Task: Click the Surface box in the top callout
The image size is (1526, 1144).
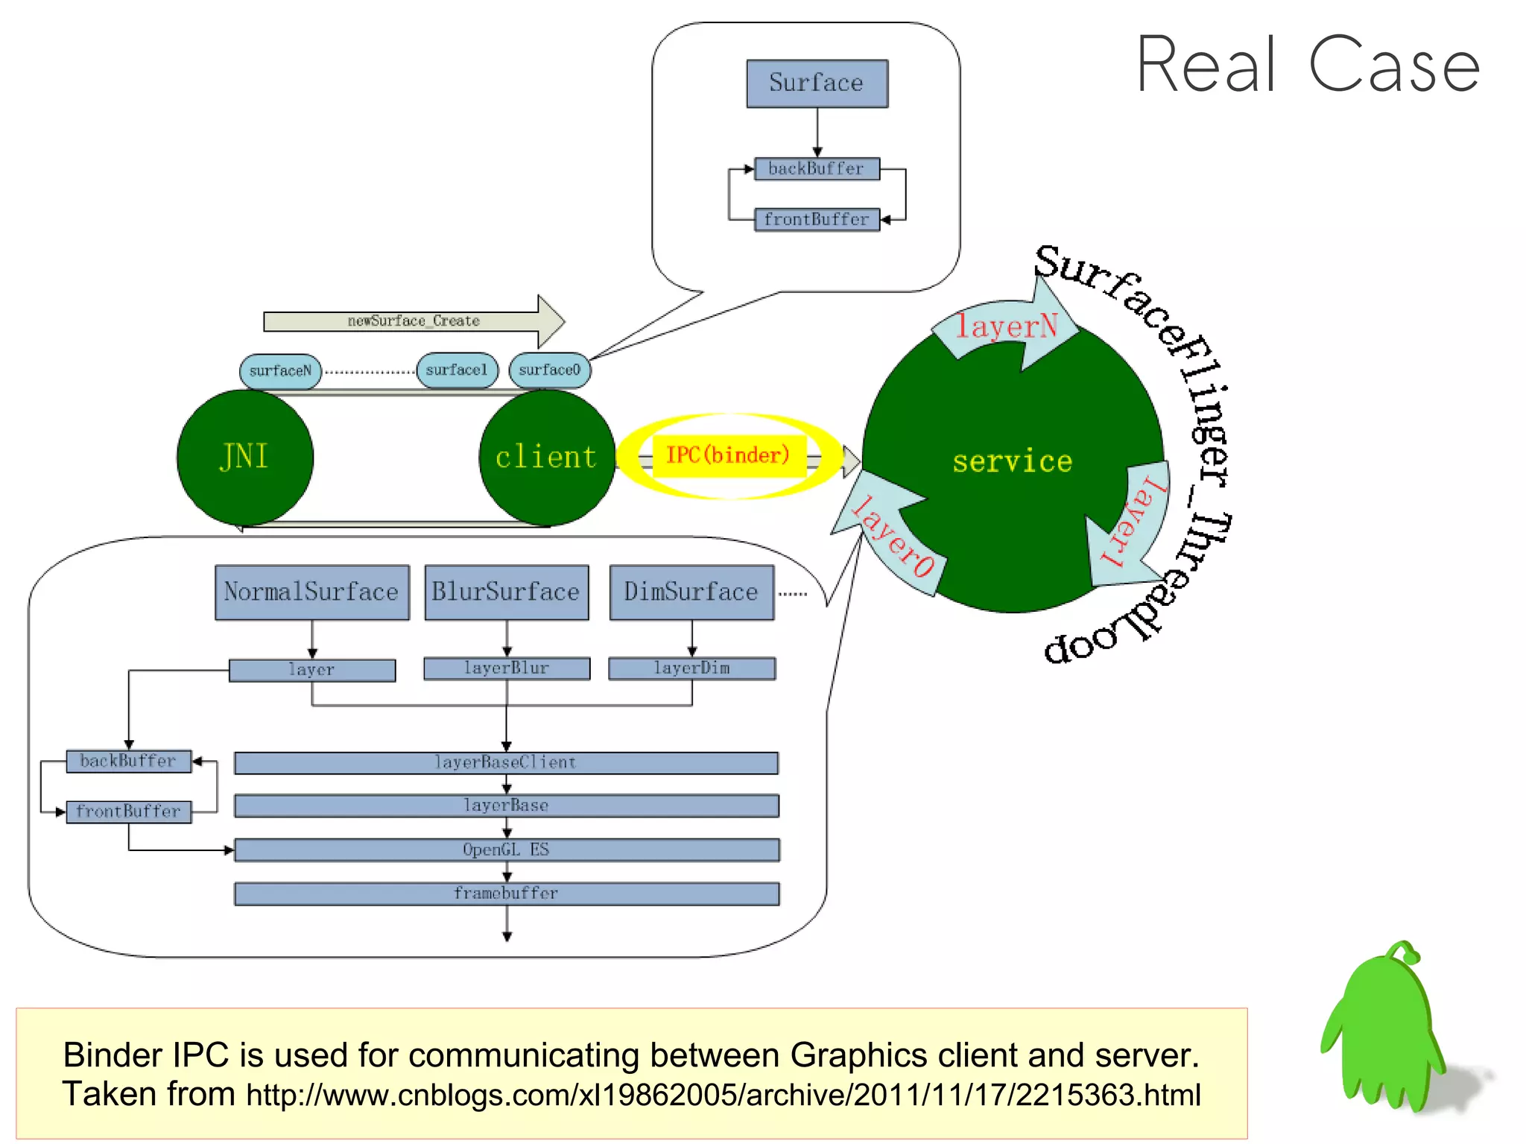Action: [817, 83]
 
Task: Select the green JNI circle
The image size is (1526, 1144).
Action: [244, 457]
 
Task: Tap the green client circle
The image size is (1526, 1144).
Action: [546, 457]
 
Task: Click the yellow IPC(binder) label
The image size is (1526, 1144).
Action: [728, 455]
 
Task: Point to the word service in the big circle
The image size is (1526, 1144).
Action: [1012, 461]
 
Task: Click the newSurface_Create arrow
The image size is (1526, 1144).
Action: [414, 321]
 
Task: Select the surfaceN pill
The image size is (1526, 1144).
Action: [280, 370]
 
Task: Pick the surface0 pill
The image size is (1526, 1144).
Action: [549, 370]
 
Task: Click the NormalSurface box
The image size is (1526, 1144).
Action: [311, 592]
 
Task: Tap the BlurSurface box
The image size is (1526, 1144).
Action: [506, 592]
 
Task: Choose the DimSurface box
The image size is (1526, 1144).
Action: [691, 592]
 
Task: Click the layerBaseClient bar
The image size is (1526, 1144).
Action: [506, 762]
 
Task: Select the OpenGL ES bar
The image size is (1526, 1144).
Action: [506, 850]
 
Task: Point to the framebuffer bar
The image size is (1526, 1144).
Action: [506, 893]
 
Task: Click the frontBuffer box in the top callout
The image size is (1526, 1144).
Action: [817, 219]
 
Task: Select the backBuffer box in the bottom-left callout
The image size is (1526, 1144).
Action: [128, 761]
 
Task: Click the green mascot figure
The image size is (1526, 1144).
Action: [1386, 1028]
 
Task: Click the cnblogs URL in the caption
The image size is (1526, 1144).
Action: [723, 1095]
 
